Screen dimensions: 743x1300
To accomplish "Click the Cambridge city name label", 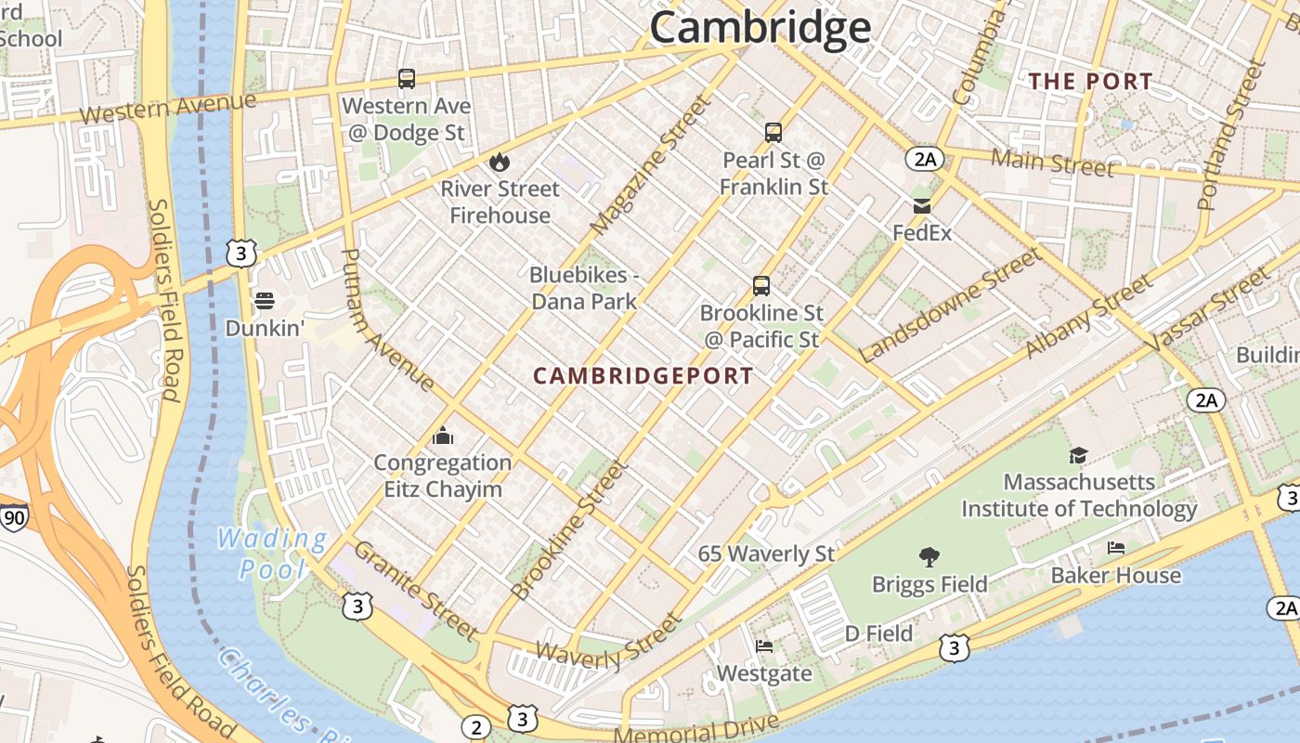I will coord(760,28).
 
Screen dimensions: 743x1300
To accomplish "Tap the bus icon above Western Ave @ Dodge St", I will coord(407,79).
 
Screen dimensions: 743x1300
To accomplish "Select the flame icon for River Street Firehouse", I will coord(500,162).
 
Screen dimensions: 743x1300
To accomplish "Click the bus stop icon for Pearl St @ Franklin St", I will coord(773,133).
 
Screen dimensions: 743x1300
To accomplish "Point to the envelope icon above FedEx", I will coord(922,206).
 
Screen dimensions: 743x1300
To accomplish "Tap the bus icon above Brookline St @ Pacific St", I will coord(761,286).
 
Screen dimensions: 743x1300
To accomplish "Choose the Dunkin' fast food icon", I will coord(265,301).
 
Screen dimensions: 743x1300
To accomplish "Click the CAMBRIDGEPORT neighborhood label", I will coord(643,376).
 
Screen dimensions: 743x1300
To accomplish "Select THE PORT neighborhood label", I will coord(1090,82).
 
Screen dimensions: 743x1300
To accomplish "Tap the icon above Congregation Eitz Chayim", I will coord(443,436).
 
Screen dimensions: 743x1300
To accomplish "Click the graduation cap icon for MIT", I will coord(1078,455).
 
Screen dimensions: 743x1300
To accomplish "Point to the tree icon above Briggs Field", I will coord(929,557).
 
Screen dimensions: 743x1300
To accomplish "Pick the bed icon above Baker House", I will coord(1116,548).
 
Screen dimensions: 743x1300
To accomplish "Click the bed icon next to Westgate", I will coord(764,646).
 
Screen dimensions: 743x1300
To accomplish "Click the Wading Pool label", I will coord(271,554).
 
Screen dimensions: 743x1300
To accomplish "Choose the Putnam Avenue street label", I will coord(387,319).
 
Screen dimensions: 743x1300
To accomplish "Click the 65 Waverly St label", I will coord(766,554).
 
